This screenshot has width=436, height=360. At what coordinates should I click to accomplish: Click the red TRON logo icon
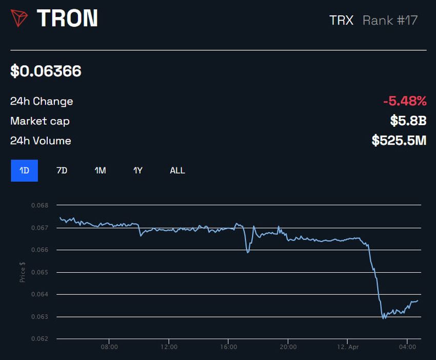[19, 18]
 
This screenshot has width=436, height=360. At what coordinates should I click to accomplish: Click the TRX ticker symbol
[341, 21]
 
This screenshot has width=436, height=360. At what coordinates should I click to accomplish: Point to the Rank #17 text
[390, 21]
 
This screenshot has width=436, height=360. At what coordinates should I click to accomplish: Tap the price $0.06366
[46, 71]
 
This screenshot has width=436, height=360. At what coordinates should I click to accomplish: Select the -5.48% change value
[405, 101]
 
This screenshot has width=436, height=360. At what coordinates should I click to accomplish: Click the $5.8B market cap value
[408, 121]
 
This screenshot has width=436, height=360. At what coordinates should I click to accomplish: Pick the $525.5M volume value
[399, 141]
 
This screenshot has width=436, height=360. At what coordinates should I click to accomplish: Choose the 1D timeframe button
[24, 170]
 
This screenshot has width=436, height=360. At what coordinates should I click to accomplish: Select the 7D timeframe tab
[62, 170]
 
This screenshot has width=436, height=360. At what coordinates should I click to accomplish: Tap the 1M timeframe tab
[100, 170]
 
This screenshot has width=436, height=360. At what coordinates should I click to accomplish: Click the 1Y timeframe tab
[138, 170]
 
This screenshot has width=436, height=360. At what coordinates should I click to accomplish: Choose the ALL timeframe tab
[177, 170]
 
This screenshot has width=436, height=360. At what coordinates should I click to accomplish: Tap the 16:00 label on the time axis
[228, 347]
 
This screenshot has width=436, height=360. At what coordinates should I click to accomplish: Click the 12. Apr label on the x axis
[347, 347]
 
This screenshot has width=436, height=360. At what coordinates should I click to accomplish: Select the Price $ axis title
[23, 272]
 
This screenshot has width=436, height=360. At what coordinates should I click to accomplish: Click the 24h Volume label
[41, 141]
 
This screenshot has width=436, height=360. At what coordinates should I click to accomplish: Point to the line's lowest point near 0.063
[384, 318]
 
